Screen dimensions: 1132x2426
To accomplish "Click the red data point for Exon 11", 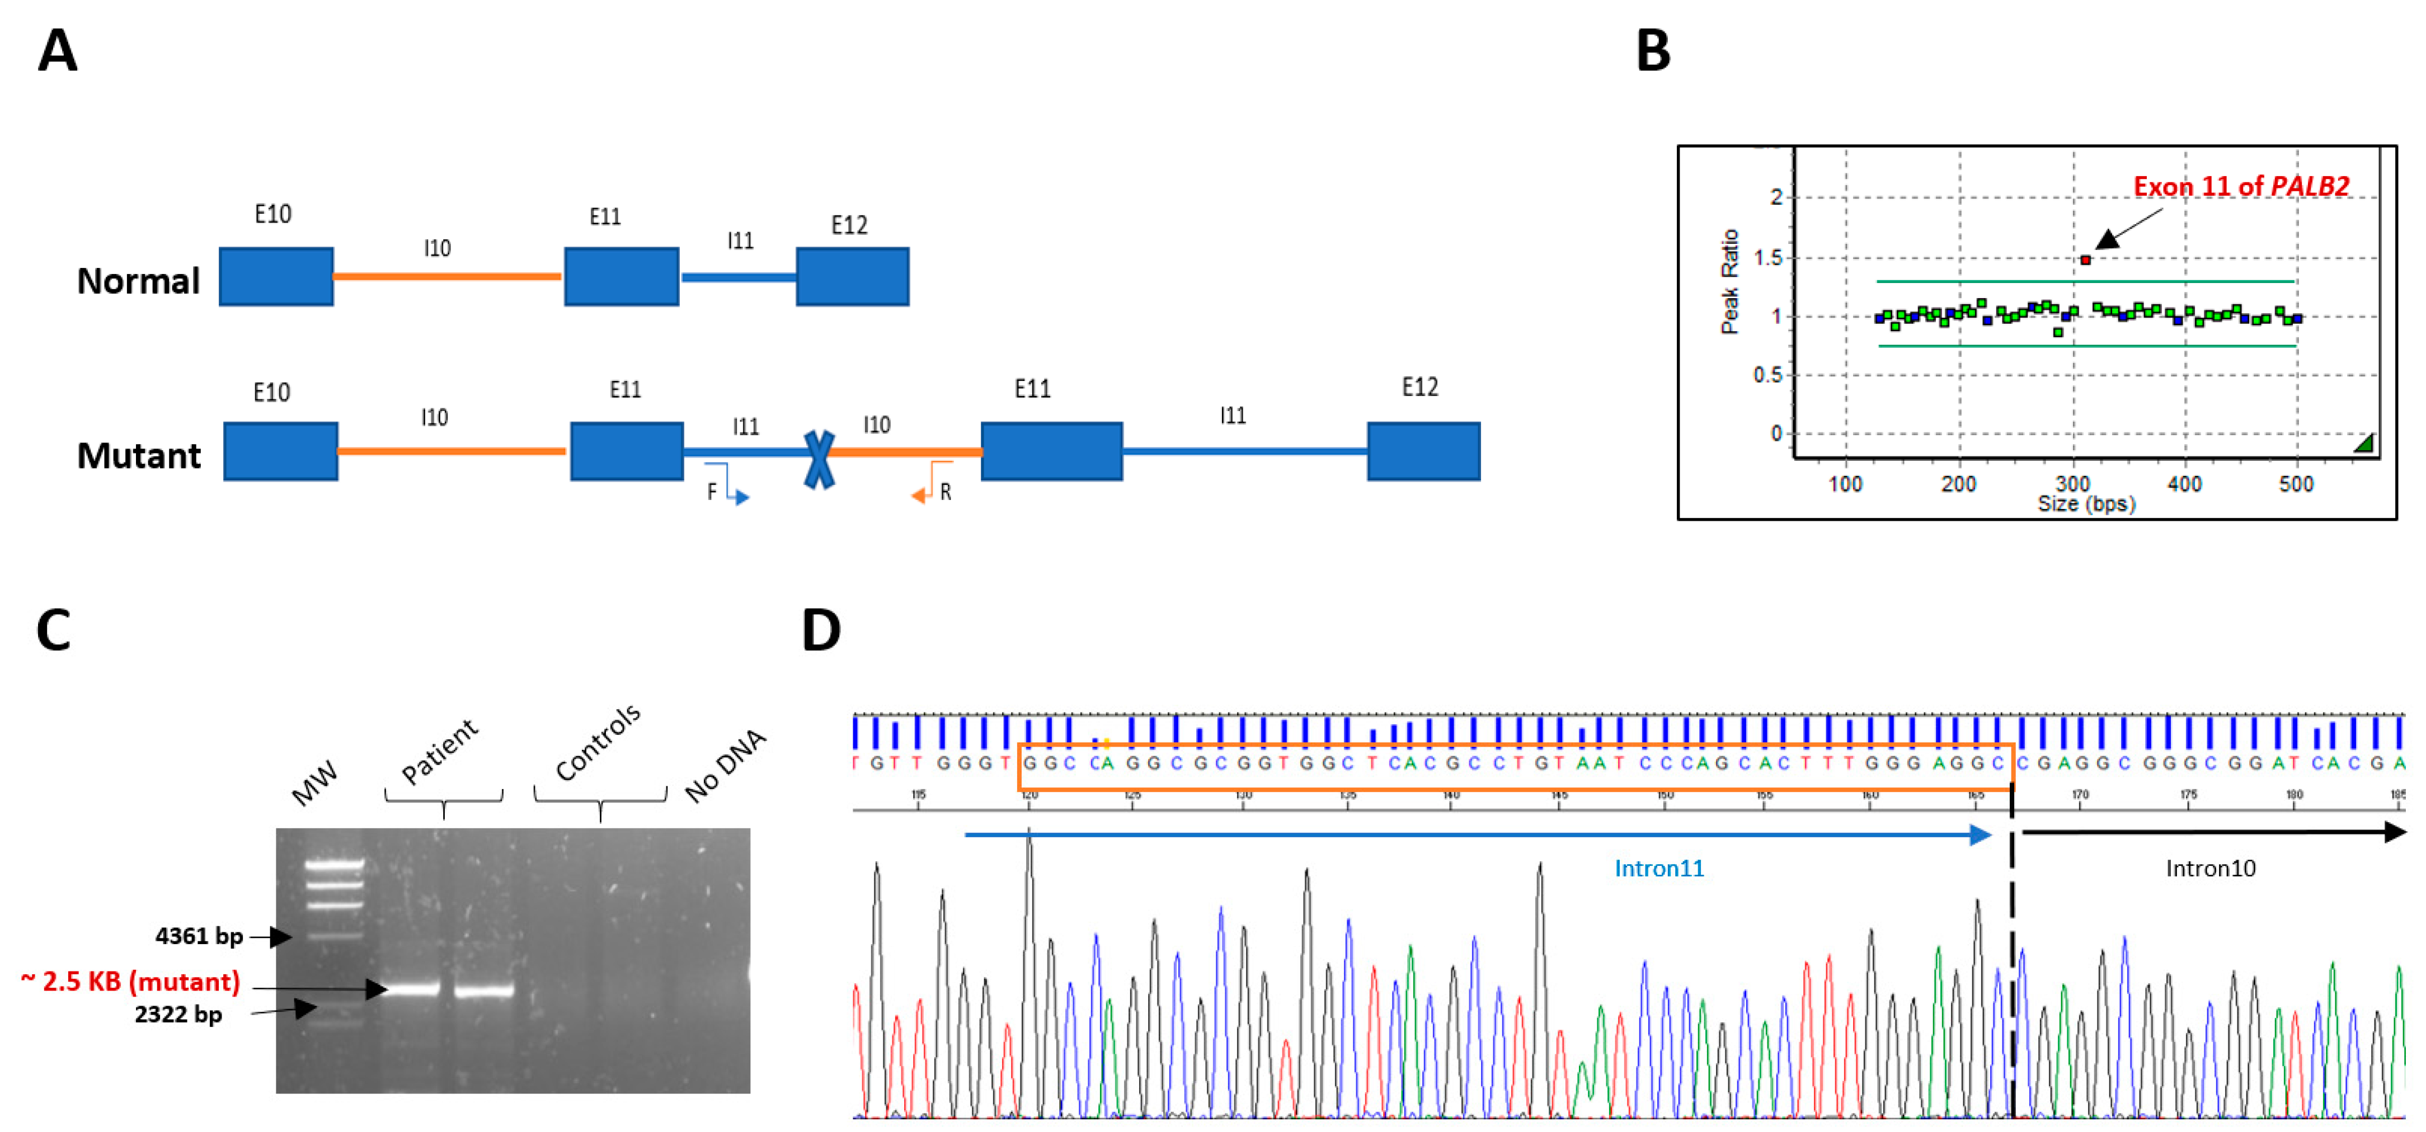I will pos(2085,260).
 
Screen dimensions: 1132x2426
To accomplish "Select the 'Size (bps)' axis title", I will pos(2086,504).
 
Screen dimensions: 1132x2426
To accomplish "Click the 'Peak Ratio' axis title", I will pos(1729,281).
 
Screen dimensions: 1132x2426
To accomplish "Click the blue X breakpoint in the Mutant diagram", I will pos(819,459).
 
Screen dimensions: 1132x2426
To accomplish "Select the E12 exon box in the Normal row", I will pos(852,277).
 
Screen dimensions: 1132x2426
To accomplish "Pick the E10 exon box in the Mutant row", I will pos(281,451).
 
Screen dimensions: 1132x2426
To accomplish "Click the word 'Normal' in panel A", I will pos(138,281).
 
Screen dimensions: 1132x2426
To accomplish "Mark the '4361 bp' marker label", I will pos(199,936).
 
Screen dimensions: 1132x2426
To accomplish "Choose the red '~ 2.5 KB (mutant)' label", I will pos(131,982).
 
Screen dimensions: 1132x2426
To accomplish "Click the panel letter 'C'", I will pos(54,630).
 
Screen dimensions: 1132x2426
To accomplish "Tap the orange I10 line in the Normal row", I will pos(448,277).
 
